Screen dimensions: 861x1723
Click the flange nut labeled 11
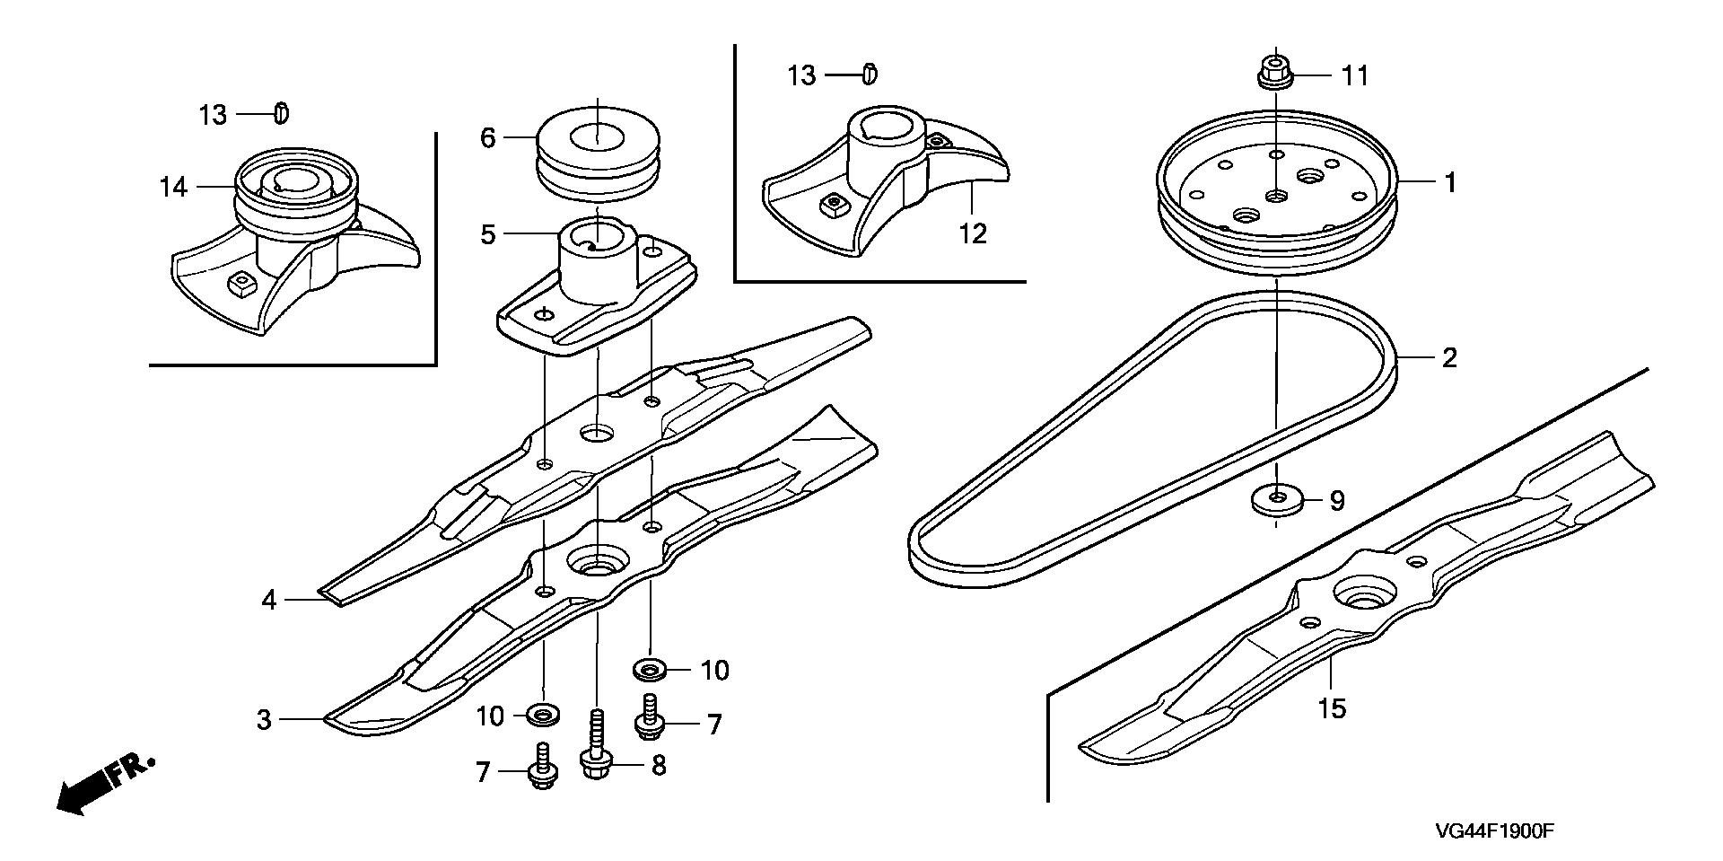1275,72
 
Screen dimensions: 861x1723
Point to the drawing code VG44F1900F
1492,831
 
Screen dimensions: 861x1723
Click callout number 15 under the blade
1333,708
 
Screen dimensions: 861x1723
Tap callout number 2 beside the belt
1448,358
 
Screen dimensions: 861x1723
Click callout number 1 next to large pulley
1449,182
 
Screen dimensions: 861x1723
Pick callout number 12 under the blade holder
973,234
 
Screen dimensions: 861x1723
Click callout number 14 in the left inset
173,187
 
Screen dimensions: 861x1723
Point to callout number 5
488,235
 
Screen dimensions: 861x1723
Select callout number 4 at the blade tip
269,600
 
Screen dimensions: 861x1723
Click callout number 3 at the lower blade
264,719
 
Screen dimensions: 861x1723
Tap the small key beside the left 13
281,114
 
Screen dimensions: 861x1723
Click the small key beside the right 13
869,74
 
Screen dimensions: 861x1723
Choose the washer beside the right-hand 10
648,669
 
